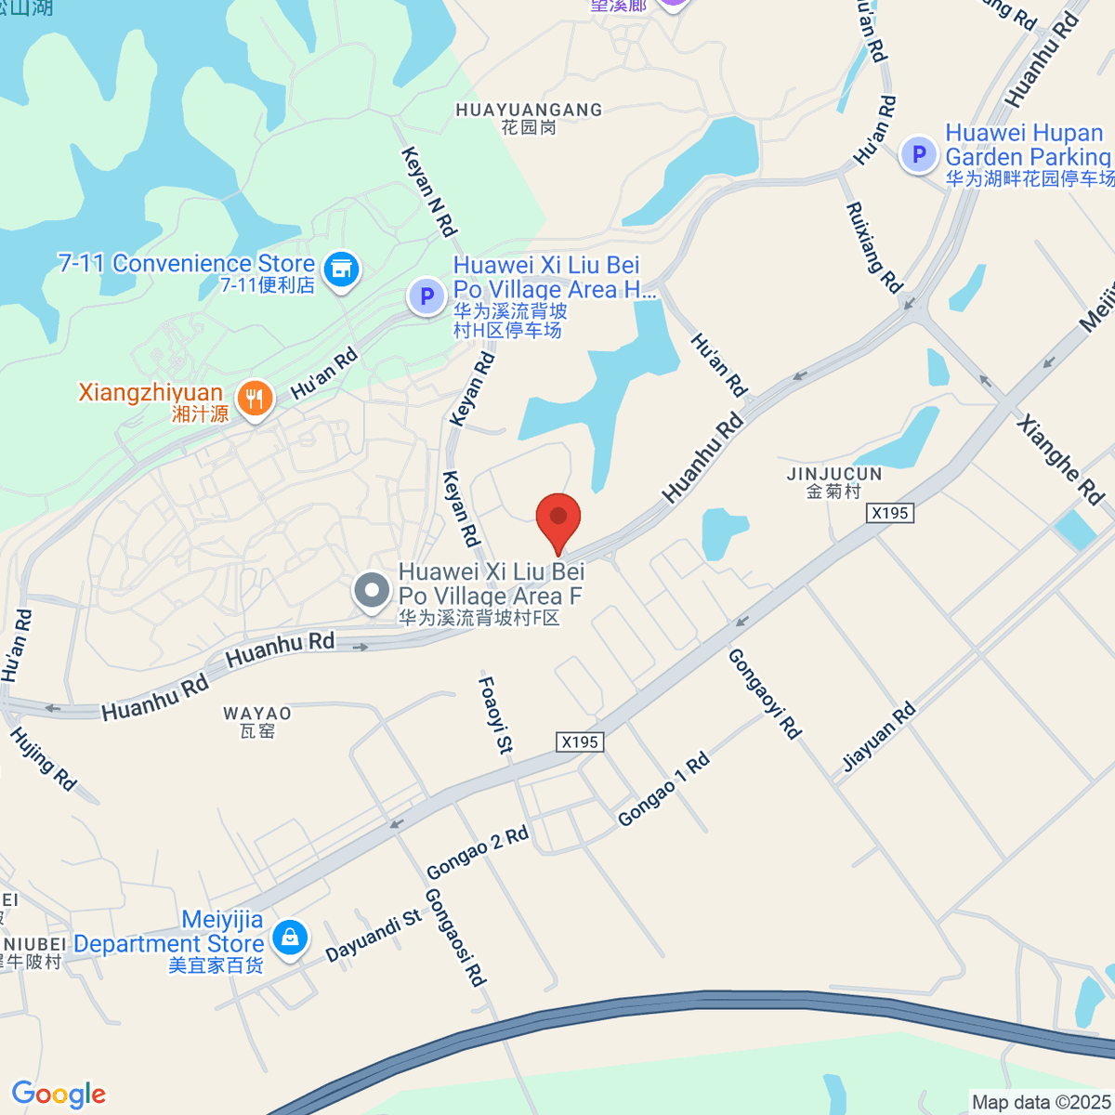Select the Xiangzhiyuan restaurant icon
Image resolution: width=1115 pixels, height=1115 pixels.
point(254,400)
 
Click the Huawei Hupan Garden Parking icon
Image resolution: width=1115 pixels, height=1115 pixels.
point(919,154)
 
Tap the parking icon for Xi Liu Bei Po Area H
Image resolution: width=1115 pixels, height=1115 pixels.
point(426,297)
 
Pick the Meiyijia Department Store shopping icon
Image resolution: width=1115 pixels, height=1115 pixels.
point(290,938)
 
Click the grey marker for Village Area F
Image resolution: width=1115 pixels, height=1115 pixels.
point(372,591)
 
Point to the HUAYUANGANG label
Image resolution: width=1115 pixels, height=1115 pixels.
point(529,111)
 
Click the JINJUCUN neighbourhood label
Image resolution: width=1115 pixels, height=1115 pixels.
point(834,474)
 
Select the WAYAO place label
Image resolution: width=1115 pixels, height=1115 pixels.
point(257,714)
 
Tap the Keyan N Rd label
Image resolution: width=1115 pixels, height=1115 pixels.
point(429,191)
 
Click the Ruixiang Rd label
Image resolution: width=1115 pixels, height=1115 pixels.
point(873,247)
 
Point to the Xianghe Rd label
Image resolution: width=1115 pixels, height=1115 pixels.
point(1060,460)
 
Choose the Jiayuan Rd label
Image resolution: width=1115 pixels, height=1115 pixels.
point(879,738)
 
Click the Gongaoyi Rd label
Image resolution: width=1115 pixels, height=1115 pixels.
point(764,693)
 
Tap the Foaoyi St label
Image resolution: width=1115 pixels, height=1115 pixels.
point(495,715)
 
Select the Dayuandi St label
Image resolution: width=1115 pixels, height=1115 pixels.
point(374,936)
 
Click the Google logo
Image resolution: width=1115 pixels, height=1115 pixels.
point(59,1095)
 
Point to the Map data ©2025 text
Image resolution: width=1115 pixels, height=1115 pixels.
point(1041,1103)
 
